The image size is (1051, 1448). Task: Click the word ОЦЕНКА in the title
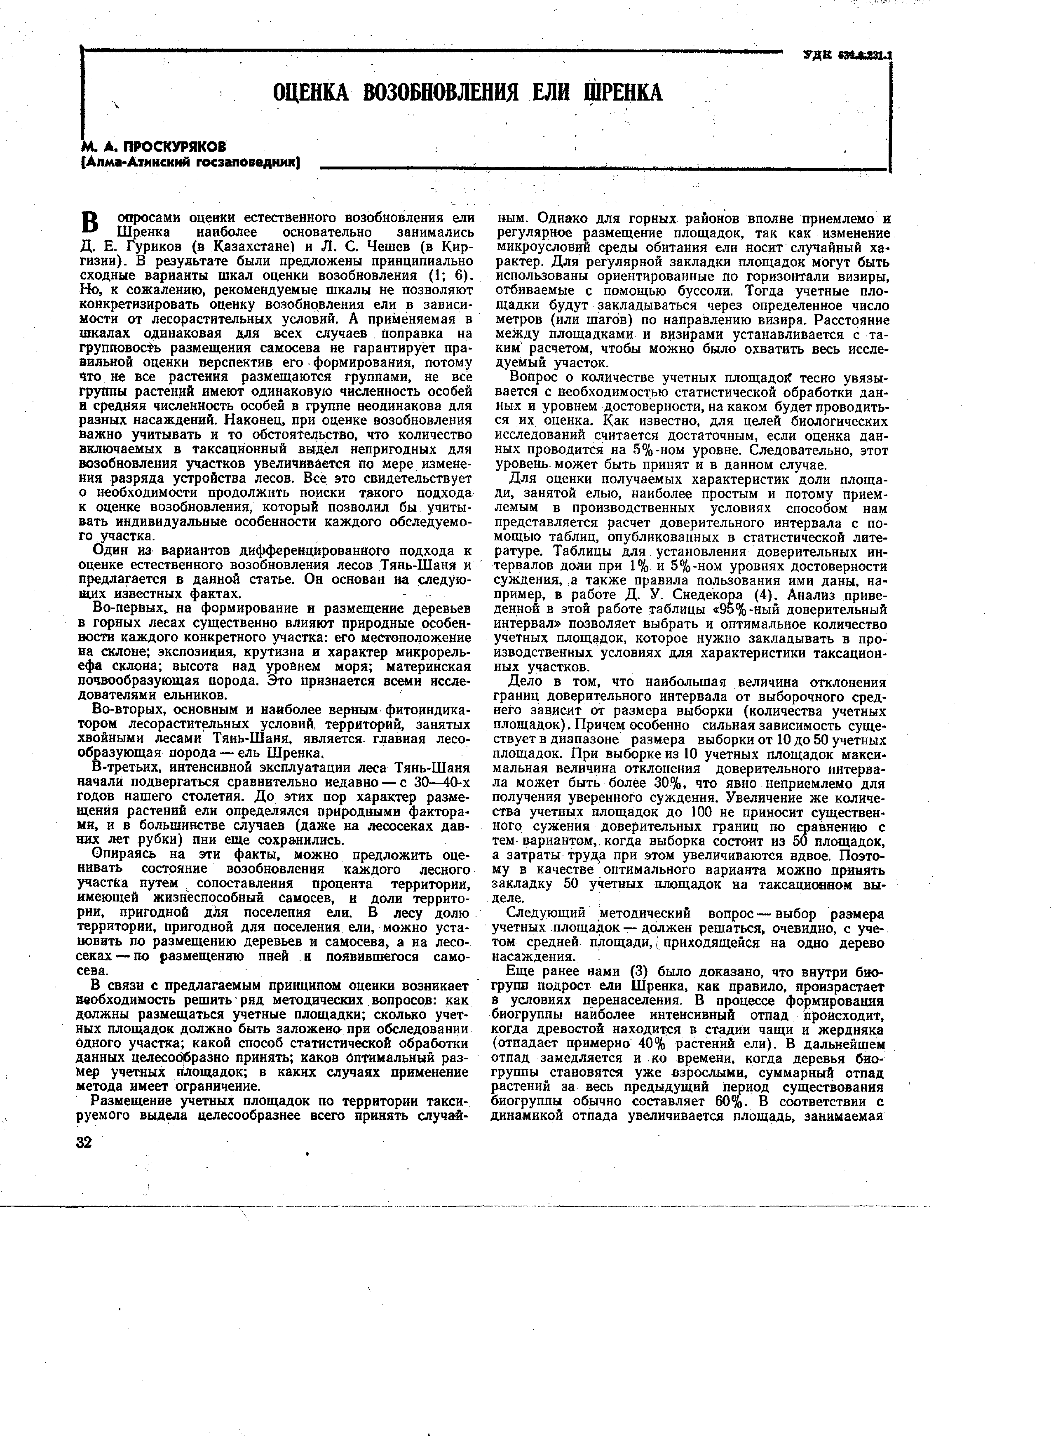click(312, 93)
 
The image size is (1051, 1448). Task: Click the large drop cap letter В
click(91, 223)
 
